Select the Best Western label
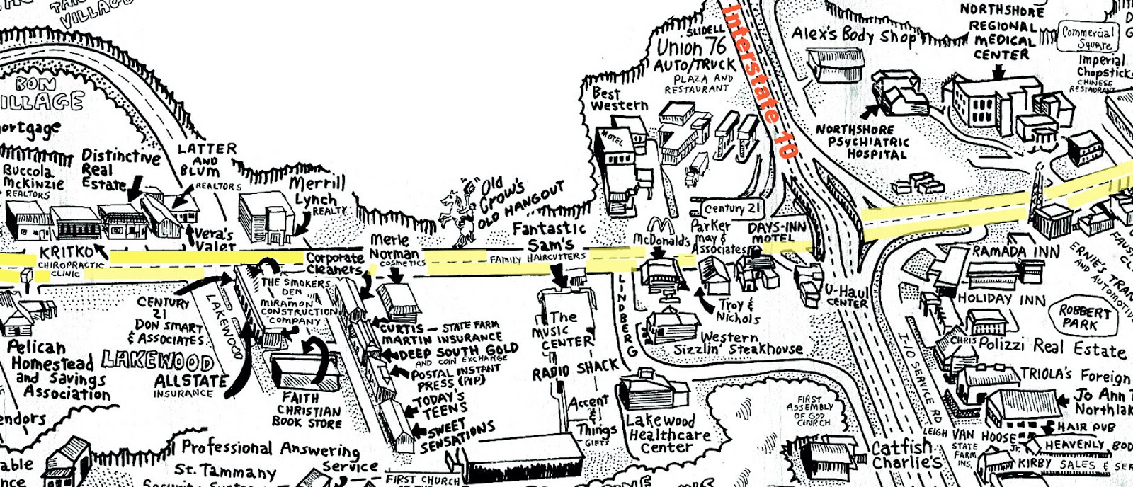[x=619, y=99]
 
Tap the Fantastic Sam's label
[x=550, y=237]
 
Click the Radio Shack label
[x=576, y=368]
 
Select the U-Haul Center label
[x=847, y=296]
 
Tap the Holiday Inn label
[x=1001, y=299]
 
